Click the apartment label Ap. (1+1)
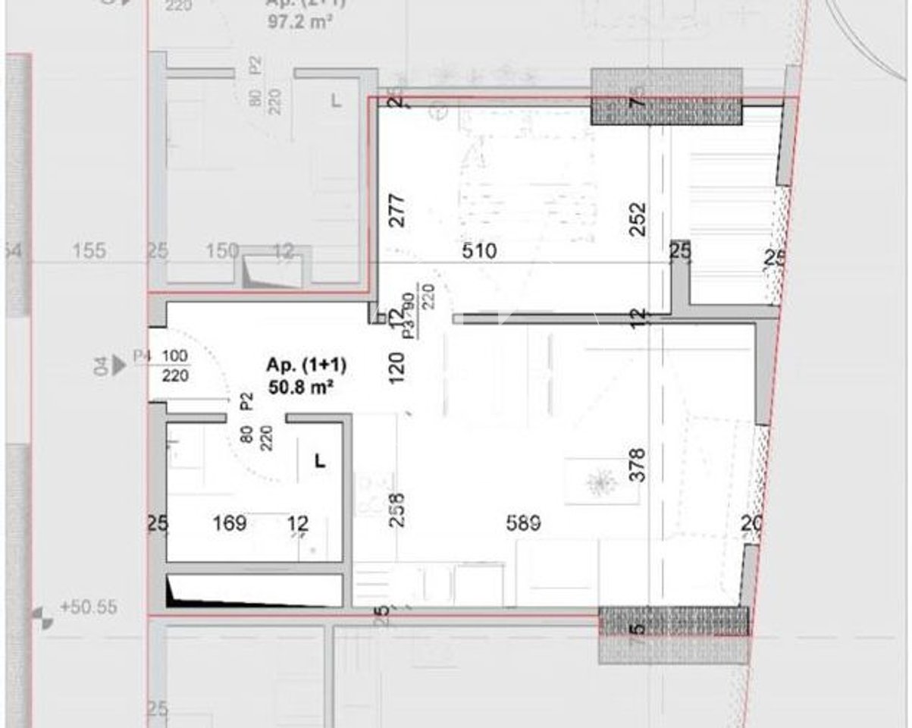pos(306,366)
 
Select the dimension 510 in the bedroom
pos(479,251)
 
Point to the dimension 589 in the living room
pos(523,522)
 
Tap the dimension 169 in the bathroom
pos(230,522)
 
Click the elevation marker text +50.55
pos(89,607)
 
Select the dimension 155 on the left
pos(91,251)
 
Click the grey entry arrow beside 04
pos(119,366)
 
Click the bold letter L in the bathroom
pos(320,460)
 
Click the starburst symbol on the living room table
pos(603,482)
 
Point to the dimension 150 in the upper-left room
pos(224,251)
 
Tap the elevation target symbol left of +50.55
pos(42,618)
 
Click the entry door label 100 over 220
pos(174,366)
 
